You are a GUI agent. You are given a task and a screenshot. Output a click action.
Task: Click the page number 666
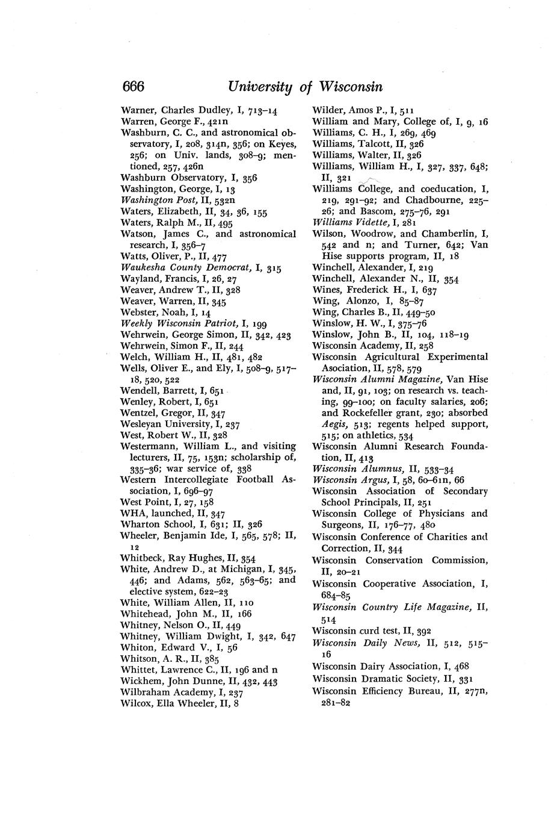click(x=133, y=87)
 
